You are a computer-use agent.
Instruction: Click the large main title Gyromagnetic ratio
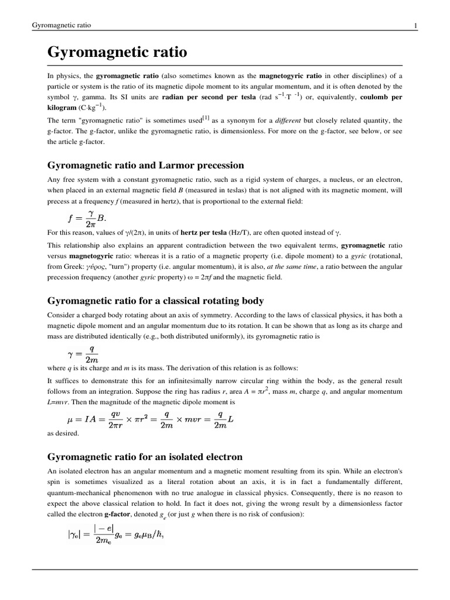pyautogui.click(x=117, y=53)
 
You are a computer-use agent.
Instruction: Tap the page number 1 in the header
pyautogui.click(x=415, y=25)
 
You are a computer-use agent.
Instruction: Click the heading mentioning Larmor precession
pyautogui.click(x=145, y=165)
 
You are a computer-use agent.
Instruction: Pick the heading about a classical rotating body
pyautogui.click(x=155, y=301)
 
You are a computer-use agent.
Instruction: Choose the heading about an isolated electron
pyautogui.click(x=145, y=456)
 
